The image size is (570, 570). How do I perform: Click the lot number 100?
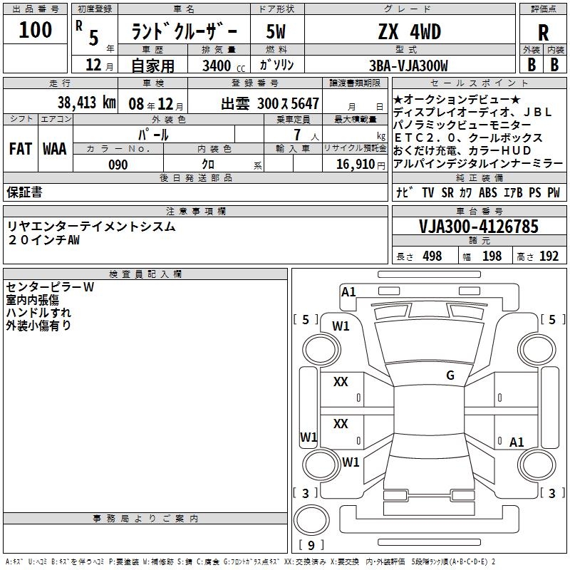(x=36, y=30)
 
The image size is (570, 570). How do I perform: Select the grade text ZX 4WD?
(x=409, y=31)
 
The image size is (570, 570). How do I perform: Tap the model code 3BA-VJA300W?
(x=409, y=66)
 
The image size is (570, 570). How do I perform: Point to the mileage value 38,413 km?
(x=85, y=102)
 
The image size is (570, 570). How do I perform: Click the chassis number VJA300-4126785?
(x=479, y=227)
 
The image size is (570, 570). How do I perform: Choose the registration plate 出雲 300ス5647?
(x=270, y=103)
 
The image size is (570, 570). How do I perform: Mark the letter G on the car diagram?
(x=450, y=375)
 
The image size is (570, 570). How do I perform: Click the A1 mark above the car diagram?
(x=348, y=291)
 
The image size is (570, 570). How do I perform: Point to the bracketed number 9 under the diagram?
(x=311, y=545)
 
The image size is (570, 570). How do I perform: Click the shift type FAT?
(x=20, y=149)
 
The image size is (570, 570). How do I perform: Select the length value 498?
(x=432, y=256)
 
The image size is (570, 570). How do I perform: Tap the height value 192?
(x=549, y=256)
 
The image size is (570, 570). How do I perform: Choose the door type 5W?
(x=275, y=31)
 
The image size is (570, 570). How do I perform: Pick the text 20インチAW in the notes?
(x=44, y=240)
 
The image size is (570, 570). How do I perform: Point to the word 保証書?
(x=24, y=192)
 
